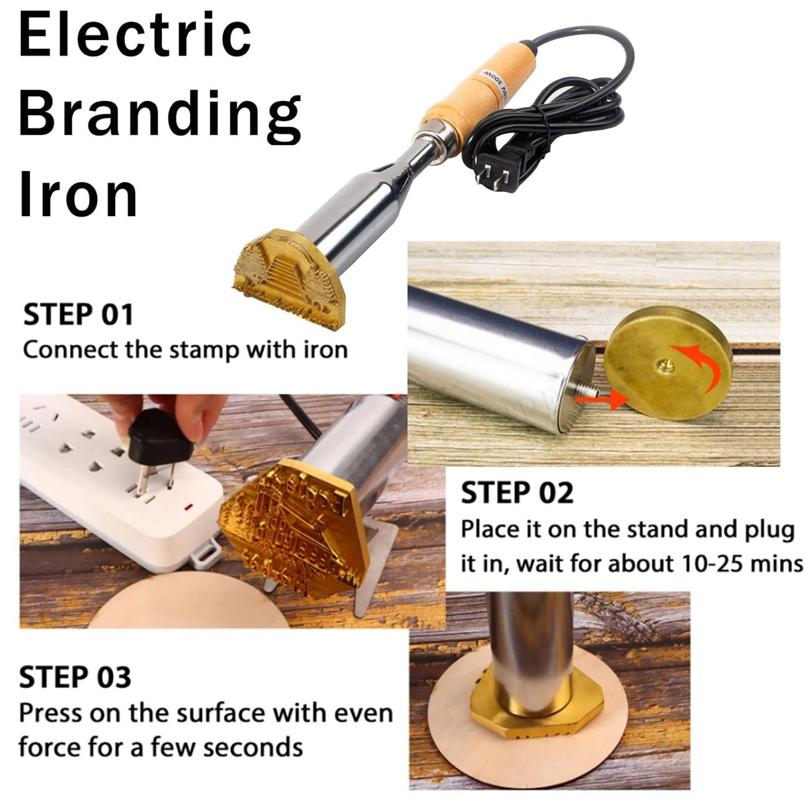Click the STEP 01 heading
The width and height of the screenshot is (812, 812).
pyautogui.click(x=78, y=314)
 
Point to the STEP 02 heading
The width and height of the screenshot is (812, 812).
pyautogui.click(x=517, y=494)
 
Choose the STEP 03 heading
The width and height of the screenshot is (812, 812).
pyautogui.click(x=75, y=677)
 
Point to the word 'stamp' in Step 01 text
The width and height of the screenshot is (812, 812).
pyautogui.click(x=205, y=350)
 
